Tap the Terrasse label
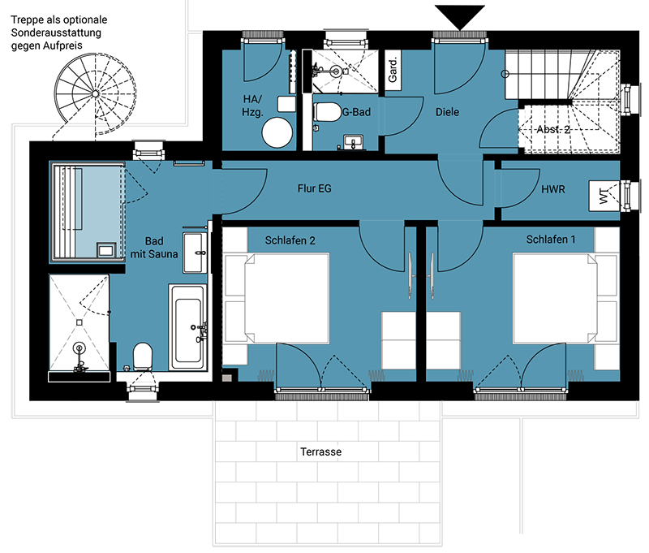320,451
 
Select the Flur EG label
314,188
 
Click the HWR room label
553,189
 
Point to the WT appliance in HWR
604,196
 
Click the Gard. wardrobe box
393,71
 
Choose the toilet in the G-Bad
327,112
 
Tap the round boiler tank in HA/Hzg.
277,132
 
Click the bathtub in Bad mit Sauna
188,327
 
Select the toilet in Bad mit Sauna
143,356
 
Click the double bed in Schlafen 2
287,299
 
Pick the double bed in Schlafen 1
555,299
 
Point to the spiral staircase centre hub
95,93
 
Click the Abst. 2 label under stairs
553,129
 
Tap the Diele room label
447,112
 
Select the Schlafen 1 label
551,240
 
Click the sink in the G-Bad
353,142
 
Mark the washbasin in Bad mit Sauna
195,253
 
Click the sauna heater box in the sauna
106,250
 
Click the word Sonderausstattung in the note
56,32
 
